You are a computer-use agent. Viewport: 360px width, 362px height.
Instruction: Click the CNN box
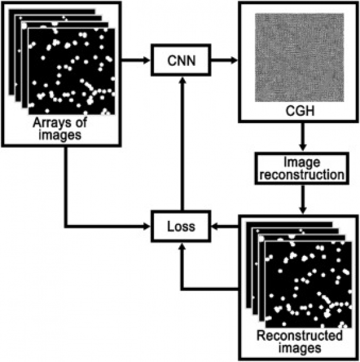[x=181, y=60]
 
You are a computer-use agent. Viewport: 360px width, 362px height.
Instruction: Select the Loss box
[x=181, y=226]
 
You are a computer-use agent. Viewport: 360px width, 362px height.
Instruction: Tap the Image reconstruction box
[x=302, y=168]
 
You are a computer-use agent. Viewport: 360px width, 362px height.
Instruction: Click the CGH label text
[x=300, y=111]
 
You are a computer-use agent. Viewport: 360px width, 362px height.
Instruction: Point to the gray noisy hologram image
[x=300, y=57]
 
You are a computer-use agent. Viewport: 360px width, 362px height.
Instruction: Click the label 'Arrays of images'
[x=60, y=129]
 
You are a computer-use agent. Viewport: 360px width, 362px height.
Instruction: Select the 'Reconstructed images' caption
[x=300, y=342]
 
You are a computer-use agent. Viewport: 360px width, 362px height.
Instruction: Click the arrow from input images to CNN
[x=136, y=60]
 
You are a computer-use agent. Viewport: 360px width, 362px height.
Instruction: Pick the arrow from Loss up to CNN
[x=182, y=144]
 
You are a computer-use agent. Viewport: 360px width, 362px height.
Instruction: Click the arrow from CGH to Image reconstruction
[x=303, y=136]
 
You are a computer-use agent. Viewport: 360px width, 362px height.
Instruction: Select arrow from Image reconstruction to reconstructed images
[x=303, y=200]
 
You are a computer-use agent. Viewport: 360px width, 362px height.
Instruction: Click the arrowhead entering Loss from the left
[x=147, y=226]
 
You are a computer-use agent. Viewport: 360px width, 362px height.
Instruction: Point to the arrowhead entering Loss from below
[x=182, y=247]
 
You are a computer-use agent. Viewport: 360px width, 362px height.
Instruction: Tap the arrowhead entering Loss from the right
[x=215, y=227]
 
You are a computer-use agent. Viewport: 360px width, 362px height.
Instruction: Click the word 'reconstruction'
[x=302, y=174]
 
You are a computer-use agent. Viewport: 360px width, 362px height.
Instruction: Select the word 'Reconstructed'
[x=300, y=335]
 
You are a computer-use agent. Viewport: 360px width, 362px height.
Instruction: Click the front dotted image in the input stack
[x=72, y=71]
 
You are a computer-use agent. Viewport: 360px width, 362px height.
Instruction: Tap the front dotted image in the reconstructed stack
[x=309, y=285]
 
